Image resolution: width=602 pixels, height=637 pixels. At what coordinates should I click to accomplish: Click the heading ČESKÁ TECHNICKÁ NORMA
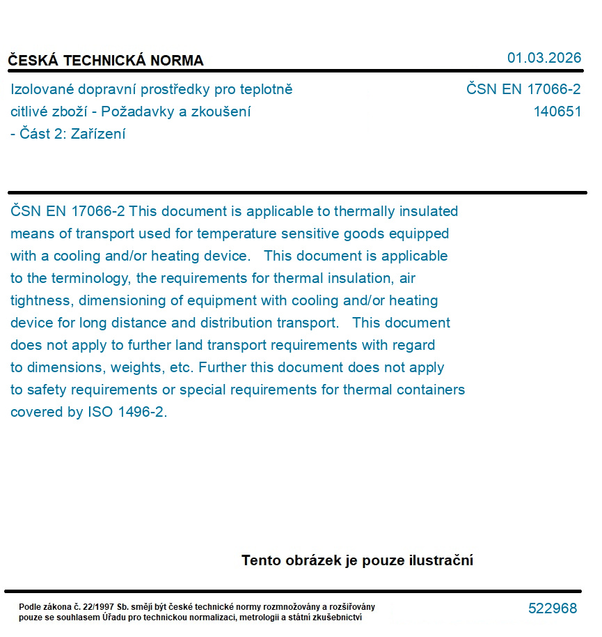tap(106, 61)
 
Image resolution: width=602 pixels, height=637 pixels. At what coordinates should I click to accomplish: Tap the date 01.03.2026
tap(544, 58)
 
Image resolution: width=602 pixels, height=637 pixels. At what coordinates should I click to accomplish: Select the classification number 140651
tap(557, 112)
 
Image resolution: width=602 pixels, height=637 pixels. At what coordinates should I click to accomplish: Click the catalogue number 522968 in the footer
tap(553, 608)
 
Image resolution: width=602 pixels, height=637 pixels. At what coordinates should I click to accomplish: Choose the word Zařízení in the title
tap(98, 134)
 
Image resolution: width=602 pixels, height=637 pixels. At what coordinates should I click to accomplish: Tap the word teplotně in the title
tap(266, 89)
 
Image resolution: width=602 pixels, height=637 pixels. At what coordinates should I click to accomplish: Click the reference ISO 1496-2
tap(127, 412)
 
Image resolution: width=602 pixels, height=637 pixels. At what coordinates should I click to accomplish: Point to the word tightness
tap(40, 300)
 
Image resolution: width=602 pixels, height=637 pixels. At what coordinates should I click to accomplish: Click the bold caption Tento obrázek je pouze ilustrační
tap(357, 560)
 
